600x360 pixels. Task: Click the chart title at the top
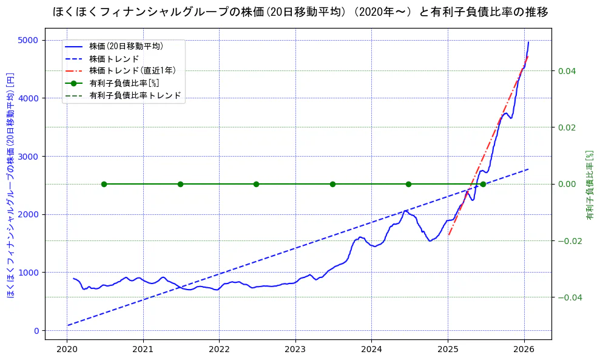pyautogui.click(x=300, y=12)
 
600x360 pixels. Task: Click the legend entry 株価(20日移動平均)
pyautogui.click(x=126, y=46)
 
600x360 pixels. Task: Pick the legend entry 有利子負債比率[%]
pyautogui.click(x=124, y=83)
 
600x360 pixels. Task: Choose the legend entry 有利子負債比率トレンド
pyautogui.click(x=135, y=95)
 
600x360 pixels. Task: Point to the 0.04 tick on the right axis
pyautogui.click(x=567, y=71)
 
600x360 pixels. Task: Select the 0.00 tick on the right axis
pyautogui.click(x=567, y=184)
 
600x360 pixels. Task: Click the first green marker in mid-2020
pyautogui.click(x=104, y=184)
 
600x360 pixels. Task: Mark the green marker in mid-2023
pyautogui.click(x=332, y=184)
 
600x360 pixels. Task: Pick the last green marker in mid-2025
pyautogui.click(x=483, y=184)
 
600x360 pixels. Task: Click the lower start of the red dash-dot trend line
pyautogui.click(x=448, y=235)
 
